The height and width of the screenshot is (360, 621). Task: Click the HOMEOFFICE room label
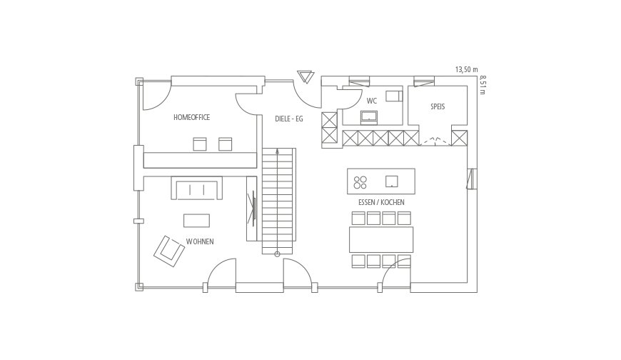(x=192, y=117)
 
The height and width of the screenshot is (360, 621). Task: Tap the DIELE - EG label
(x=289, y=119)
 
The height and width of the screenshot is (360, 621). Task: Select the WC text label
(x=371, y=101)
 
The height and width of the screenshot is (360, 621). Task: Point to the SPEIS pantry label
(x=438, y=106)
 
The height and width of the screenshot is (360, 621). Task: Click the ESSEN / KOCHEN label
(x=381, y=202)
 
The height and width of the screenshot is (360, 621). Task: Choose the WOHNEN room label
(x=200, y=241)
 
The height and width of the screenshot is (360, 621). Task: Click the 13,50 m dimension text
(x=467, y=70)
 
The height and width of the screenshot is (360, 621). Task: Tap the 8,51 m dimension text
(x=483, y=85)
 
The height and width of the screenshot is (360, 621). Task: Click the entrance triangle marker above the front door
(x=306, y=77)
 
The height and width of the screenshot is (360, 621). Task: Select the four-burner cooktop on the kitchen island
(x=360, y=182)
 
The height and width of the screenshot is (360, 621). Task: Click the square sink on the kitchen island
(x=392, y=181)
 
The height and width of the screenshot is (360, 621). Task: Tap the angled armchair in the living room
(x=169, y=251)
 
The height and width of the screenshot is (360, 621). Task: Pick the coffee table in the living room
(x=196, y=221)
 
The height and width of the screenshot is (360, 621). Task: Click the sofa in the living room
(x=197, y=188)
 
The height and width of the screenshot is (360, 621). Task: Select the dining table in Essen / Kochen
(x=381, y=239)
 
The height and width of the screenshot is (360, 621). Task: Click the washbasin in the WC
(x=369, y=118)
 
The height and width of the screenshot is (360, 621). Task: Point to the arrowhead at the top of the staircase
(x=277, y=151)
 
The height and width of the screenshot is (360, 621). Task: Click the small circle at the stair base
(x=277, y=254)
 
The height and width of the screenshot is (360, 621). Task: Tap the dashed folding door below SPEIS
(x=435, y=141)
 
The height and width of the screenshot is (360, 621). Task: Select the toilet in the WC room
(x=394, y=96)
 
